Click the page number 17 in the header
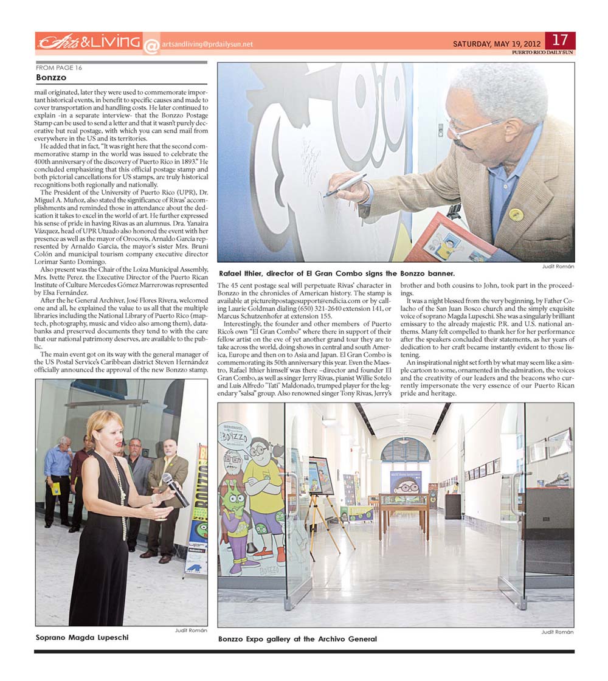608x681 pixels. pyautogui.click(x=560, y=40)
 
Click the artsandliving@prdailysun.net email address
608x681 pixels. pyautogui.click(x=207, y=44)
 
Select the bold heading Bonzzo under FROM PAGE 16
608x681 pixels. pyautogui.click(x=51, y=78)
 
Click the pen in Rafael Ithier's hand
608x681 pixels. pyautogui.click(x=345, y=185)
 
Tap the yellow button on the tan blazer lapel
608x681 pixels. pyautogui.click(x=516, y=214)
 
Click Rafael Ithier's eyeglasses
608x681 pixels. pyautogui.click(x=474, y=126)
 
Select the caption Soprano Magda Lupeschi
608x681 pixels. pyautogui.click(x=82, y=638)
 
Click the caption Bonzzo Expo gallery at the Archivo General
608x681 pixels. pyautogui.click(x=297, y=639)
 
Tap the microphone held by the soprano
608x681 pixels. pyautogui.click(x=175, y=489)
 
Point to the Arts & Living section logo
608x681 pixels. pyautogui.click(x=88, y=42)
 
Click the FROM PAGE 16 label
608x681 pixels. pyautogui.click(x=59, y=68)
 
